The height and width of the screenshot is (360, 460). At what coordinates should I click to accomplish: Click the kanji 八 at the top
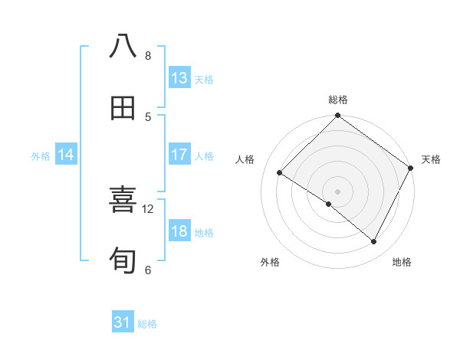click(123, 47)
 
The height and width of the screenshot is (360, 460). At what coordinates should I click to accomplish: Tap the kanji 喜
click(123, 201)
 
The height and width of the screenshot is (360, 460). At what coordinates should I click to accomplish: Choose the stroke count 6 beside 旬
click(148, 270)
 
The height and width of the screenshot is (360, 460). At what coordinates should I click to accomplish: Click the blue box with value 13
click(179, 78)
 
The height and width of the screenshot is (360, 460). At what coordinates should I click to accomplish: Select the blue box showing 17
click(179, 155)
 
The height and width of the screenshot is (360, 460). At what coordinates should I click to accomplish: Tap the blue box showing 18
click(179, 232)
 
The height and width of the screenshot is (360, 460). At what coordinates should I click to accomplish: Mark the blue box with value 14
click(66, 155)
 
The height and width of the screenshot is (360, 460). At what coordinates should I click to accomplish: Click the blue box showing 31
click(123, 323)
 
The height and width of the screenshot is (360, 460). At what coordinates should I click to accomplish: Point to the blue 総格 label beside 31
click(147, 324)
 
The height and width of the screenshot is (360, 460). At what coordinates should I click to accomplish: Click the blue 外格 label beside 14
click(41, 155)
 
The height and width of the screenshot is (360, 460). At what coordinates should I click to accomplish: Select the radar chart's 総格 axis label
click(338, 100)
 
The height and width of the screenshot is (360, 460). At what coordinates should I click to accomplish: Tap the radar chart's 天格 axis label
click(431, 159)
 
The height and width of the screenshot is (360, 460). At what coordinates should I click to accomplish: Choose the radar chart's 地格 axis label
click(402, 262)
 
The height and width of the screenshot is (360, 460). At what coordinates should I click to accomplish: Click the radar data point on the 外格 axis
click(329, 205)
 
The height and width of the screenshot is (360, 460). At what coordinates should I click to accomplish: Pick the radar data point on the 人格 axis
click(280, 173)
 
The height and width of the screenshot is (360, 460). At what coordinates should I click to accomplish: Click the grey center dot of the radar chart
click(338, 191)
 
